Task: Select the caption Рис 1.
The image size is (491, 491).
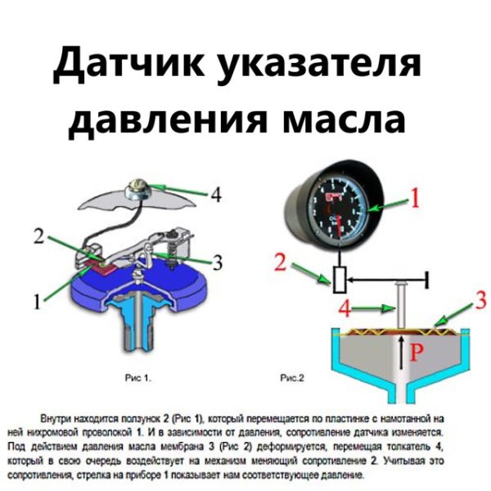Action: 137,379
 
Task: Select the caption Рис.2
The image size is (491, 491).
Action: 292,379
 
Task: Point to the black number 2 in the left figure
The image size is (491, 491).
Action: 38,237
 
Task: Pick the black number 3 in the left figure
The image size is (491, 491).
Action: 218,263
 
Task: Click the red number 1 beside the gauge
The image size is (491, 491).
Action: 414,198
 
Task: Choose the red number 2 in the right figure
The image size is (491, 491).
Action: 280,262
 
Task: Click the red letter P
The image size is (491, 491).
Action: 416,352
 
